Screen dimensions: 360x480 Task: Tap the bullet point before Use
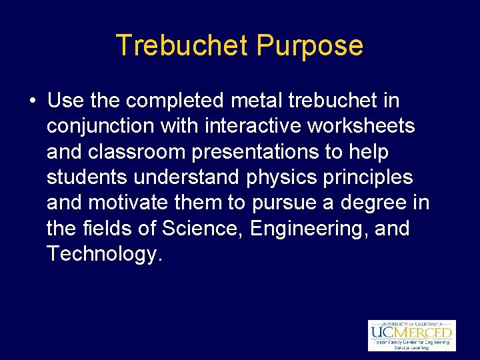[x=32, y=101]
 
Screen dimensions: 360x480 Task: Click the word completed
[x=175, y=102]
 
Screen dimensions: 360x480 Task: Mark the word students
[x=87, y=177]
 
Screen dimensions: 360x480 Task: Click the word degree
[x=369, y=203]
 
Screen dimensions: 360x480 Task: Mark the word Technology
[x=103, y=254]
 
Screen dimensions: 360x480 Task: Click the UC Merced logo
[x=411, y=335]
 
